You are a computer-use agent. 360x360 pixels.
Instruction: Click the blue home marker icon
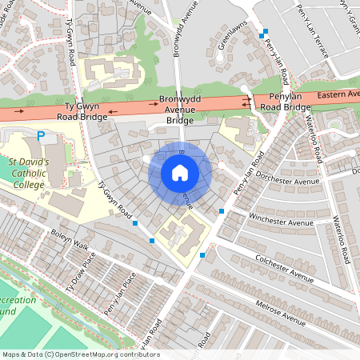(180, 173)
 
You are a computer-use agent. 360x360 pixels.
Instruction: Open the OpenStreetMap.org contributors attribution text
(80, 354)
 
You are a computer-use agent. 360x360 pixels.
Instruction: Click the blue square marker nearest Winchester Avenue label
(222, 210)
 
